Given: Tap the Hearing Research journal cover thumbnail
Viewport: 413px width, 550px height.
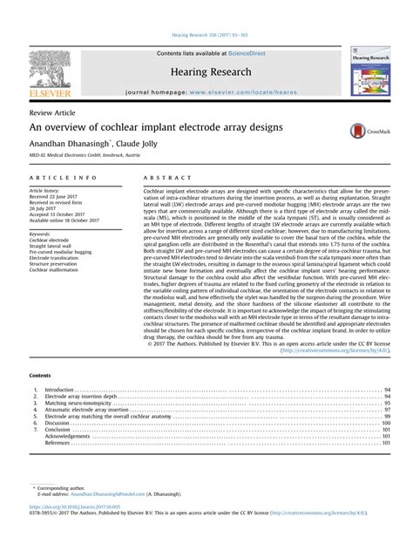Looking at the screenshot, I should point(369,72).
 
